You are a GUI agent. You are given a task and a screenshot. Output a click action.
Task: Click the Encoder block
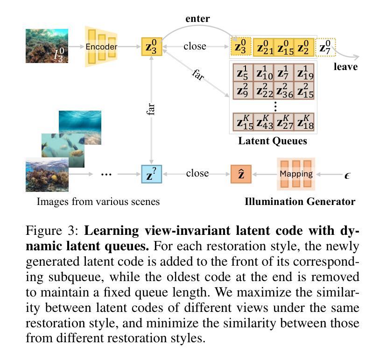(x=101, y=47)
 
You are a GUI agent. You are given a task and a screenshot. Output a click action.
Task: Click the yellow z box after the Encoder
(x=152, y=47)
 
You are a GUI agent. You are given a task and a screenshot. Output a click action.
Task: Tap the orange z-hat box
(x=241, y=174)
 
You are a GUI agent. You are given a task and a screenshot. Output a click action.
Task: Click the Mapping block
(x=296, y=174)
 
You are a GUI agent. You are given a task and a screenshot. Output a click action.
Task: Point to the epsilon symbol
(x=347, y=175)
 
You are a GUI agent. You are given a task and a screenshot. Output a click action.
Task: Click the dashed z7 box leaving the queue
(x=326, y=47)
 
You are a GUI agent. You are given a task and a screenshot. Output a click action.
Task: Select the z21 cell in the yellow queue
(x=263, y=47)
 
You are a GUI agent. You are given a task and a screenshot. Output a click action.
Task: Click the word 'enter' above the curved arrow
(x=197, y=19)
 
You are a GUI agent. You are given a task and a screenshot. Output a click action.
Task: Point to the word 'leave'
(x=345, y=67)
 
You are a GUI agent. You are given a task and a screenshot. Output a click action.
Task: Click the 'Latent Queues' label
(x=273, y=141)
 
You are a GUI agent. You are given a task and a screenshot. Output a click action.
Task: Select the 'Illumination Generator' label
(x=300, y=202)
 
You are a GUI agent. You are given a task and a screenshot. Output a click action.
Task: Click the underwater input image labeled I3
(x=47, y=46)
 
